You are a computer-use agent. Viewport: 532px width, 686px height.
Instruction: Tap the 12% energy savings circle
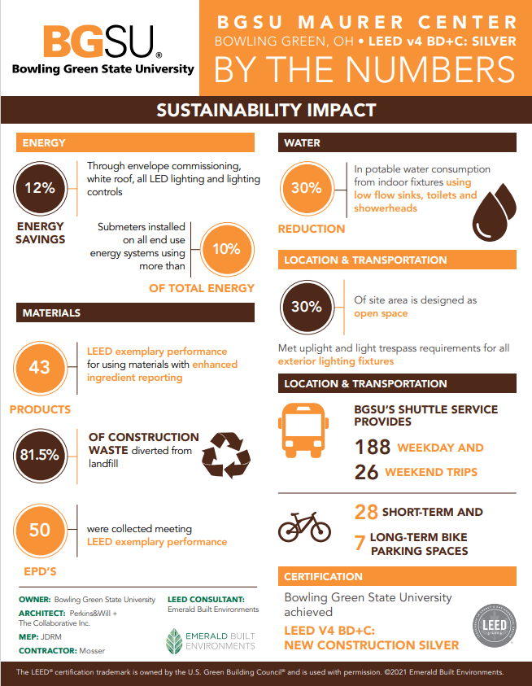(x=39, y=188)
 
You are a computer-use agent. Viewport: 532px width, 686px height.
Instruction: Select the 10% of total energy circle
(x=225, y=250)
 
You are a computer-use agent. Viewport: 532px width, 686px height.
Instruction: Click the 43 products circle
(x=39, y=367)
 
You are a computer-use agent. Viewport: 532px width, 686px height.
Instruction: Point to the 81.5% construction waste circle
(x=39, y=453)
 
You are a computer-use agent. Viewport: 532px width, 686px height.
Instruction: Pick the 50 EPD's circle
(x=39, y=530)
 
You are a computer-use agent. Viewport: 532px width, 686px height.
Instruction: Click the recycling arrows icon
(x=225, y=454)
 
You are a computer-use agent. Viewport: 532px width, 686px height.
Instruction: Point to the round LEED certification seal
(x=495, y=626)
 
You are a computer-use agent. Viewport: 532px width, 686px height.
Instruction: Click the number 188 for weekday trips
(x=373, y=447)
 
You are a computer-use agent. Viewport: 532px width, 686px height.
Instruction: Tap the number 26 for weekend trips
(x=366, y=472)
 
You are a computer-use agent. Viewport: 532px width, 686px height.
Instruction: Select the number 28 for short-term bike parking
(x=367, y=512)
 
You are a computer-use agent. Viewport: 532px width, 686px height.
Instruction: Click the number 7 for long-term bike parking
(x=360, y=543)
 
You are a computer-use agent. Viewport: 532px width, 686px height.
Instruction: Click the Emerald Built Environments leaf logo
(x=176, y=640)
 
